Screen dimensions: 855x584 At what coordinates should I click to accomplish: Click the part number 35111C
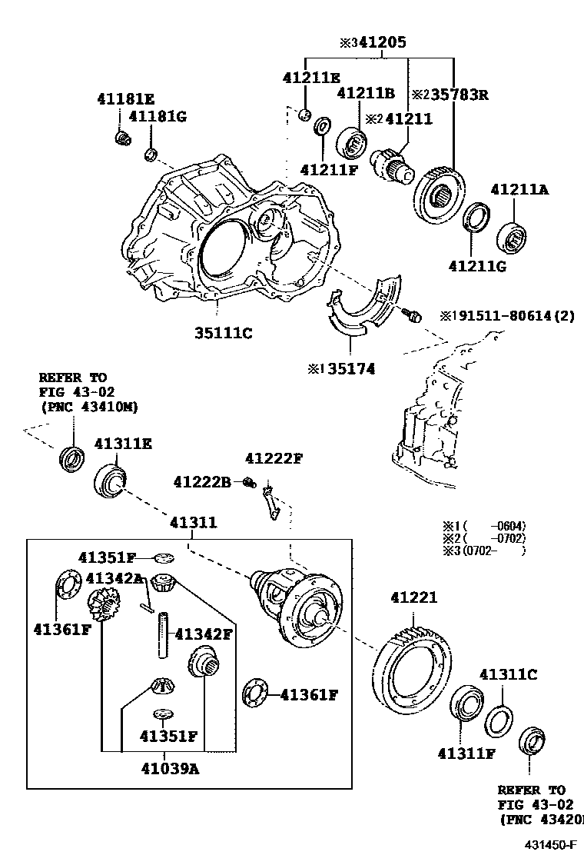tap(223, 333)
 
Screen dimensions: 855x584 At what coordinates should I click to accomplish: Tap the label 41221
tap(413, 597)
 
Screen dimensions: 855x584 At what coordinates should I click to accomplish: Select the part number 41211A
tap(520, 189)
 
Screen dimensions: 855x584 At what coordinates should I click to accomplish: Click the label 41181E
tap(126, 98)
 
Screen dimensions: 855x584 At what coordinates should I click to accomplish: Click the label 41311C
tap(508, 674)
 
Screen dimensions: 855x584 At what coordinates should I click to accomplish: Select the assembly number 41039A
tap(170, 767)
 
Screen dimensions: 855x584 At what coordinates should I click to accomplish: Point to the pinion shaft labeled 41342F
tap(164, 635)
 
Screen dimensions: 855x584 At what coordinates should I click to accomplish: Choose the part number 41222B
tap(202, 482)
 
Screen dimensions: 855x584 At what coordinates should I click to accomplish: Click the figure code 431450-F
tap(550, 844)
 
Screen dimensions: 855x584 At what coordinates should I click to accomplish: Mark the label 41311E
tap(123, 444)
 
